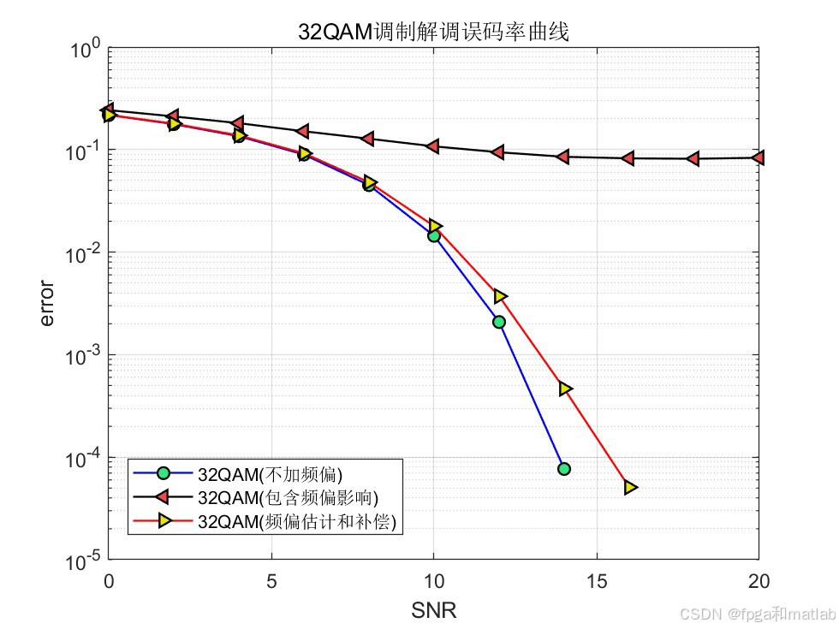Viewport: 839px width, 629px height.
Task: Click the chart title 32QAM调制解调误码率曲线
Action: (432, 32)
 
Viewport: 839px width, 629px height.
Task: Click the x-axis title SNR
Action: (433, 610)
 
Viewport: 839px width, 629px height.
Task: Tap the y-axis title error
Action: (47, 304)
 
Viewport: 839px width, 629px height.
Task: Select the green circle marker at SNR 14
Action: (563, 469)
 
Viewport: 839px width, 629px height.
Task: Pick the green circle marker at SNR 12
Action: (499, 322)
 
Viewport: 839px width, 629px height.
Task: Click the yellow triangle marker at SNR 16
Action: (630, 487)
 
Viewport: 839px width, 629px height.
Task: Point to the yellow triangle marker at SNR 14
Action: (565, 389)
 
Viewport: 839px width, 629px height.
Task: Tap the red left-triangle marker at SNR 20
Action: (758, 157)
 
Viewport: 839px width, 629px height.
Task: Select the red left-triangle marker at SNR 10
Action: (433, 146)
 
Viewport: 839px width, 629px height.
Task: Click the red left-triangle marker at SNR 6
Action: (303, 131)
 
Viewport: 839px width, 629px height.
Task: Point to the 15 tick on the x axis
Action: (596, 582)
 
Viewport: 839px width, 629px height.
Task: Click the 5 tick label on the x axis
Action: (271, 582)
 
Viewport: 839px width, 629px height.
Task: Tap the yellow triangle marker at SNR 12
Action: (500, 296)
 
